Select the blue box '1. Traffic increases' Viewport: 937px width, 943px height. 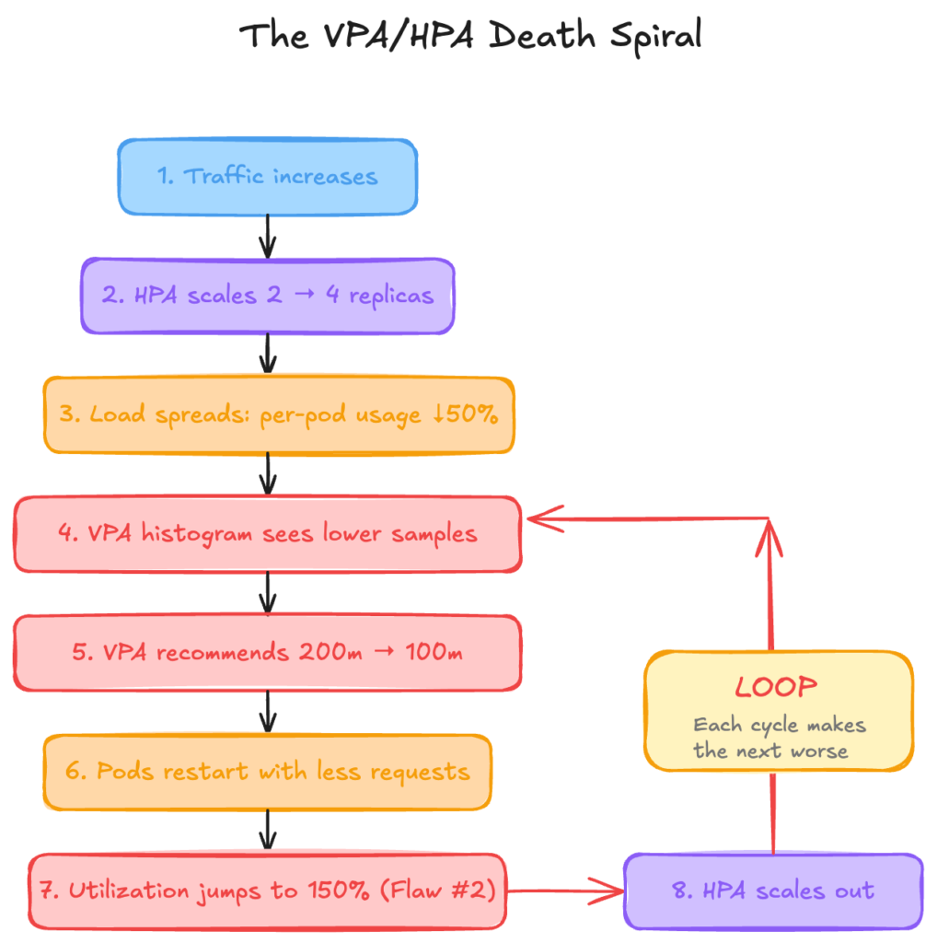(x=267, y=176)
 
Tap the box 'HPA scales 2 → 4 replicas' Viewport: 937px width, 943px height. (x=267, y=296)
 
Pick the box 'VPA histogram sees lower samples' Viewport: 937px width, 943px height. (x=267, y=534)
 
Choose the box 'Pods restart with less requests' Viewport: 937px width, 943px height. (x=267, y=771)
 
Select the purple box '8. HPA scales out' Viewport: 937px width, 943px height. (x=772, y=891)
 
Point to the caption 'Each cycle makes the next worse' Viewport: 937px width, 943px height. (x=778, y=738)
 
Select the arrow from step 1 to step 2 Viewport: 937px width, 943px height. (x=267, y=236)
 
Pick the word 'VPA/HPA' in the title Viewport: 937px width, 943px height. (x=405, y=35)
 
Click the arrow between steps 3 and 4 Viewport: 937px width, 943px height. (x=267, y=474)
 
